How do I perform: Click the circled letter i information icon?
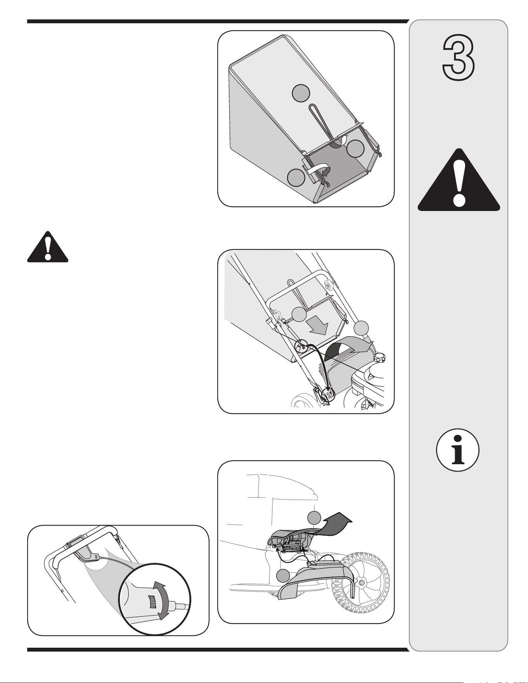pos(458,450)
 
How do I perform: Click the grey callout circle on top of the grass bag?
pos(301,92)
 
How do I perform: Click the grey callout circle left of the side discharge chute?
pos(284,575)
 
